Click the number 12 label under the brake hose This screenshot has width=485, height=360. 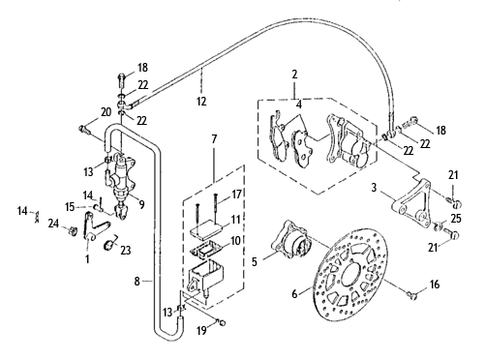[x=201, y=102]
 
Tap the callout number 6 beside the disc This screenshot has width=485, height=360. [x=294, y=294]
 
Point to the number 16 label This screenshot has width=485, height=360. [x=435, y=285]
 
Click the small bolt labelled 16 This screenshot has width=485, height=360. [x=412, y=295]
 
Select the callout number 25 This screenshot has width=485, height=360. [x=456, y=219]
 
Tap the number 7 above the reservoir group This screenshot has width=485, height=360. [x=214, y=139]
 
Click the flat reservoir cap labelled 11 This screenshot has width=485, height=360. [x=205, y=230]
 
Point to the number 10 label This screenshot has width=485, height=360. [x=235, y=240]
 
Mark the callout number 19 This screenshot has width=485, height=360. [x=201, y=331]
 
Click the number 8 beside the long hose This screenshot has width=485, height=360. [x=137, y=282]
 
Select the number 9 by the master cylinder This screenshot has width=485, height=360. [x=141, y=204]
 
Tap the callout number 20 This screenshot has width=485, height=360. [x=106, y=112]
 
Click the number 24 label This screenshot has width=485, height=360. [x=54, y=223]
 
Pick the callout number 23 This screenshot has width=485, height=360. [x=126, y=250]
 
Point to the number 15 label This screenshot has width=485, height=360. [x=70, y=206]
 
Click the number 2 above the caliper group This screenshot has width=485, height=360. [x=294, y=75]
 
